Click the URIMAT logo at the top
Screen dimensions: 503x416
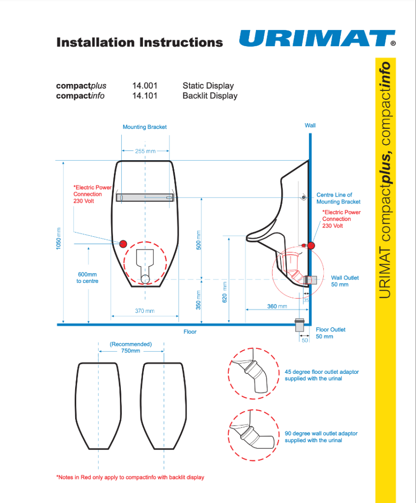317,39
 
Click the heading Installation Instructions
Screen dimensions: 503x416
139,42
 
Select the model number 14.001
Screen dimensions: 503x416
144,86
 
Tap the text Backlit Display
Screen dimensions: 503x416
210,96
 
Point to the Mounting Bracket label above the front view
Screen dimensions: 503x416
144,127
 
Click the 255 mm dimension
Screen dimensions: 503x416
145,151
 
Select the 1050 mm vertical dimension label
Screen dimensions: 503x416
58,238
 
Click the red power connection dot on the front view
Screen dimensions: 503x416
123,244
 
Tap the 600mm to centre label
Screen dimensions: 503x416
87,278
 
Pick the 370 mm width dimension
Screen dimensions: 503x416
144,311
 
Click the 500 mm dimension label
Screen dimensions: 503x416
199,240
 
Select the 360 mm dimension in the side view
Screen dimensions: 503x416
277,307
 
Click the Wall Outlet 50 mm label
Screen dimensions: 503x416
345,281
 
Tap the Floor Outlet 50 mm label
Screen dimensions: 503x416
331,333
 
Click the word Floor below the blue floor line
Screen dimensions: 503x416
190,332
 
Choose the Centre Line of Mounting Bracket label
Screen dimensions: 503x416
338,198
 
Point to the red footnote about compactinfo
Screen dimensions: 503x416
130,477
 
